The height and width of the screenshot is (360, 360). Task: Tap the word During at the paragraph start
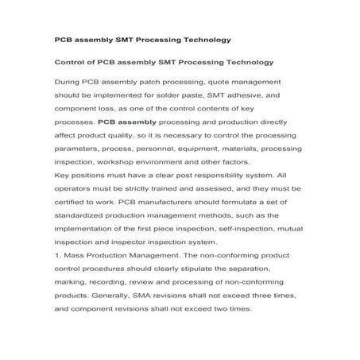[x=68, y=83]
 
